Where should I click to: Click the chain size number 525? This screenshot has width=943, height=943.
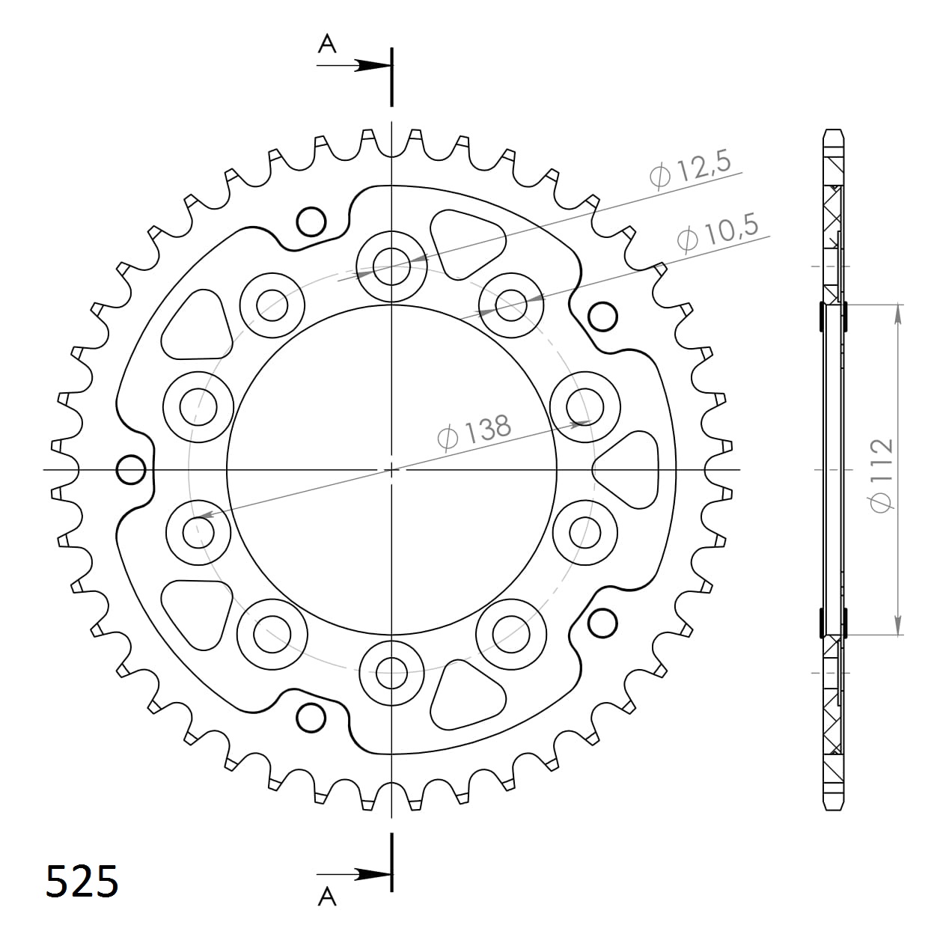click(82, 881)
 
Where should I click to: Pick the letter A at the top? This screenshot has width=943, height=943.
click(327, 45)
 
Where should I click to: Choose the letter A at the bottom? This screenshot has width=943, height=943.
click(327, 896)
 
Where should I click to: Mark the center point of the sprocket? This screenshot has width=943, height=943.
click(391, 469)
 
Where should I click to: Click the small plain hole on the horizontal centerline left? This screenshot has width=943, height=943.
click(132, 470)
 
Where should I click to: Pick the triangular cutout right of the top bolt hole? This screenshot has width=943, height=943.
click(466, 241)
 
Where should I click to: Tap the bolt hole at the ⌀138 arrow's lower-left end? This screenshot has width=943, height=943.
click(199, 532)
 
